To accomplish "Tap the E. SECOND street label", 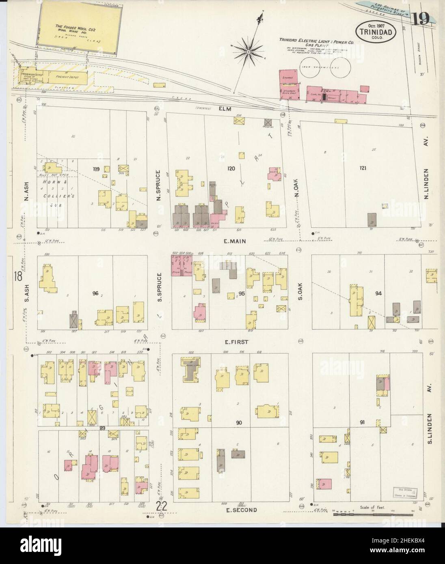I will (241, 510).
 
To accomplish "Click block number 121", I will (363, 168).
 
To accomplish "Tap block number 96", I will (95, 293).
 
